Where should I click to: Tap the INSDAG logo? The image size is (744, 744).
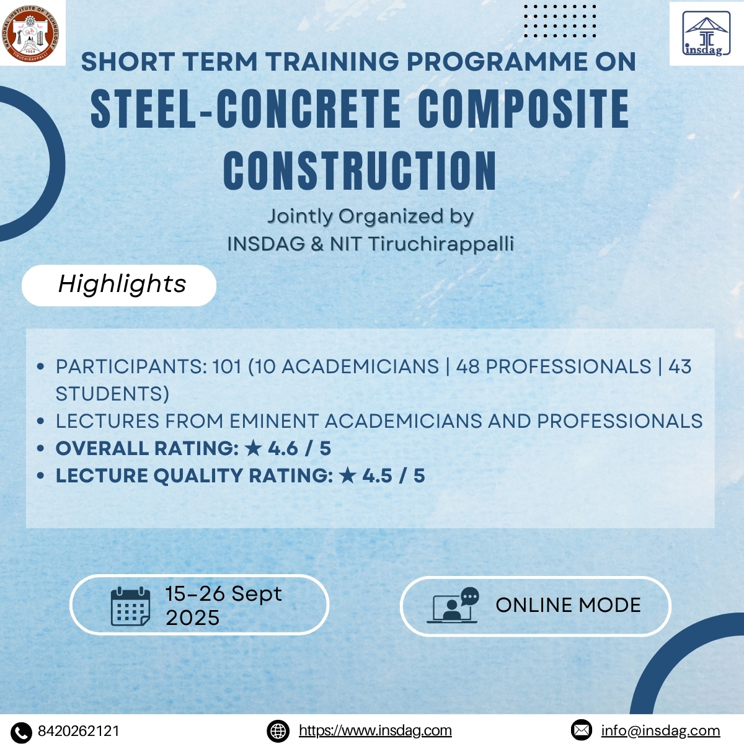point(706,34)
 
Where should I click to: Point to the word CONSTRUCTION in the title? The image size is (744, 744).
point(360,170)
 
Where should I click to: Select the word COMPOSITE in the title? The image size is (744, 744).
point(524,110)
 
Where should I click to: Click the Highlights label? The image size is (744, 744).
point(122,285)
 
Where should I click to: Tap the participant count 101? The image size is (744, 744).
point(226,367)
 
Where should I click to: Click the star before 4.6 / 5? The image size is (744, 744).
point(254,448)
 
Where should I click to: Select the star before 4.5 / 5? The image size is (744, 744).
point(348,476)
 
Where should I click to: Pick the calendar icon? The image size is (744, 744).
point(130,606)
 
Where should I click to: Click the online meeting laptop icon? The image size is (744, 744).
point(453,606)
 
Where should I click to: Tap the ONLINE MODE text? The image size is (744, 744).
point(568,605)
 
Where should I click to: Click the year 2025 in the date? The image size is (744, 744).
point(192,618)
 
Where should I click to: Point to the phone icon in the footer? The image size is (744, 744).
point(21,732)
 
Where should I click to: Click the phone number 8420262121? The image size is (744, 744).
point(79,731)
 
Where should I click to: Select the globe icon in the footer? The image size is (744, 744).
point(278,732)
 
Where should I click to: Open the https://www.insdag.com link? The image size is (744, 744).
point(375,731)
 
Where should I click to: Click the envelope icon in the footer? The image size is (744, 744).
point(582,730)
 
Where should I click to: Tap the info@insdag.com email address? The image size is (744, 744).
point(660,731)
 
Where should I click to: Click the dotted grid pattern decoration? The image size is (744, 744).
point(559,21)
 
